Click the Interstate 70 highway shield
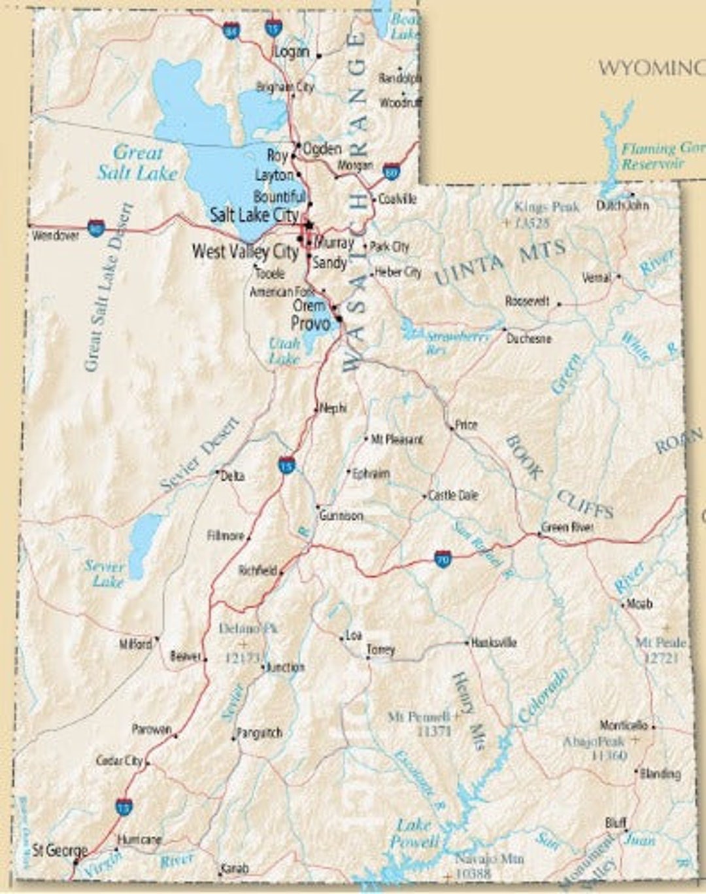[443, 559]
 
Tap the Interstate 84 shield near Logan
[231, 30]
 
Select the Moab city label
[639, 604]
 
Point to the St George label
[59, 851]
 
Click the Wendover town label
[56, 234]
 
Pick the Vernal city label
[596, 277]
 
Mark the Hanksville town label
[494, 643]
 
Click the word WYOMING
[651, 67]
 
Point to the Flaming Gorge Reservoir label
[660, 156]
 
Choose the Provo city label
[311, 323]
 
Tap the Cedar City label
[119, 761]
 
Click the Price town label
[466, 425]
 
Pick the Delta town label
[233, 475]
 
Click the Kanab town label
[235, 869]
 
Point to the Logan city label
[292, 52]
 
